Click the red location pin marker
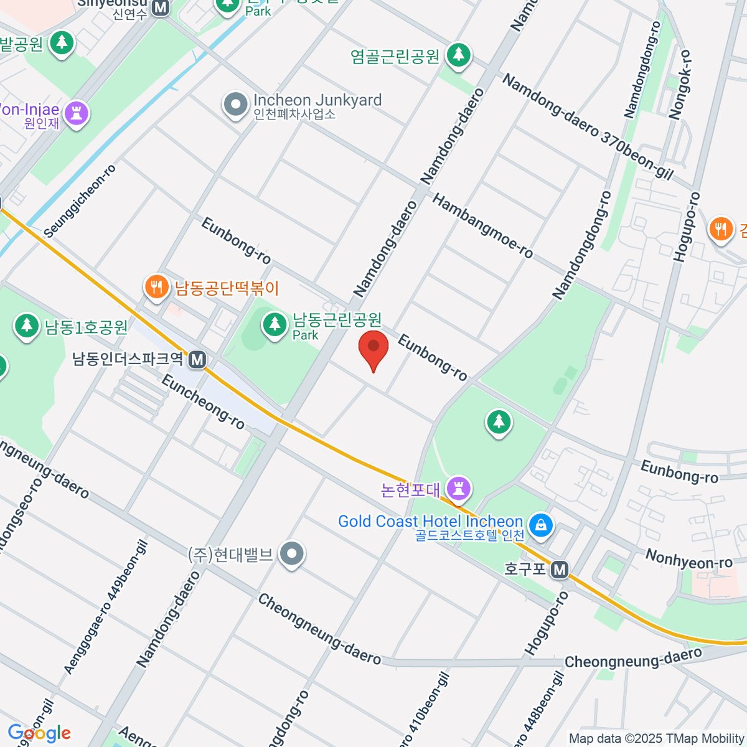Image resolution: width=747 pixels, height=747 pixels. point(374,349)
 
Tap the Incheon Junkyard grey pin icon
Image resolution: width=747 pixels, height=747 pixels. point(235,105)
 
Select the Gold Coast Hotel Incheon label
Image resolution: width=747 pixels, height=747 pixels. point(430,522)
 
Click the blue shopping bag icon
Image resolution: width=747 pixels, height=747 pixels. point(541,524)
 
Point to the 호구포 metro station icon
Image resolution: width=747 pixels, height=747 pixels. point(560,569)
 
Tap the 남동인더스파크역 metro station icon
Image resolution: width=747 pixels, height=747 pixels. point(197,359)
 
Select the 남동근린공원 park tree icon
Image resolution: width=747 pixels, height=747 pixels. point(274,324)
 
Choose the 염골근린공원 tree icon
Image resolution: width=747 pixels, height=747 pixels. point(459,54)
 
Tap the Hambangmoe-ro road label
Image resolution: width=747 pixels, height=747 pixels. point(482,226)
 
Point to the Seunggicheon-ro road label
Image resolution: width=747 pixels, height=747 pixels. point(80,201)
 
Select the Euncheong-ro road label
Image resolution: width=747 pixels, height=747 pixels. point(203,402)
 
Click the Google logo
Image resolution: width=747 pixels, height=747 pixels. point(39,733)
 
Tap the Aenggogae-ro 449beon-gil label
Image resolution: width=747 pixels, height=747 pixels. point(106,607)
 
